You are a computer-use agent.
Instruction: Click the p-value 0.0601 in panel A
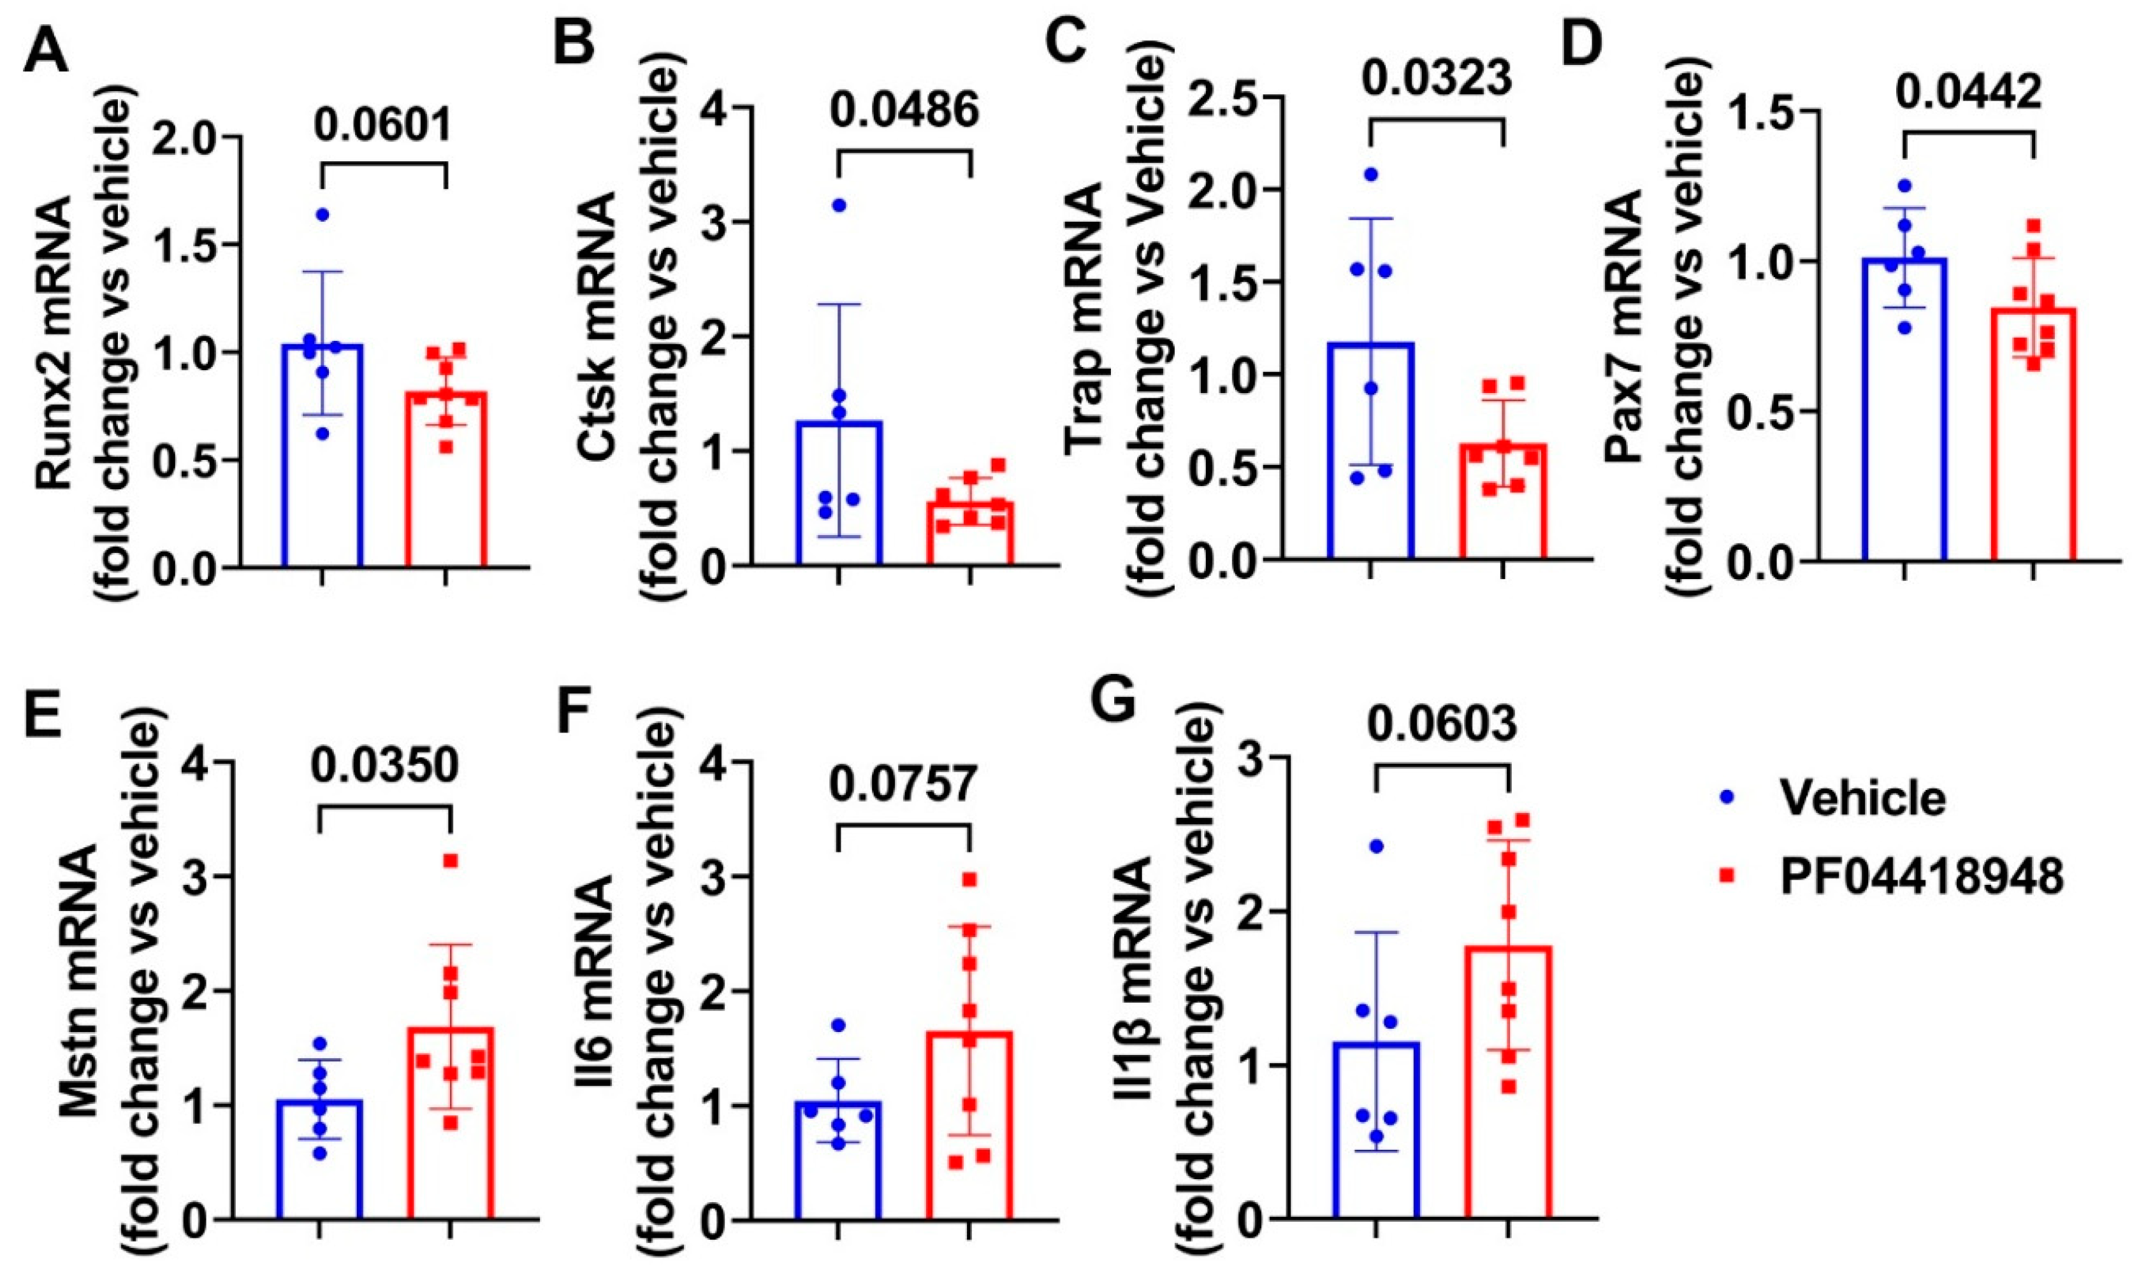point(382,126)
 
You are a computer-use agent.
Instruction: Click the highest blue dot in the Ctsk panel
point(839,204)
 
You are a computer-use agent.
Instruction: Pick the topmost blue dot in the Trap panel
point(1371,175)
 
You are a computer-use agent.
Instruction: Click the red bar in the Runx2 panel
point(446,482)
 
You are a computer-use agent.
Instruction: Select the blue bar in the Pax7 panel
point(1903,413)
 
